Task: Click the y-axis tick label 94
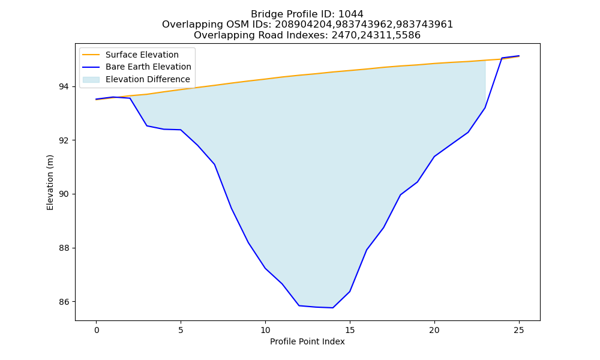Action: coord(64,87)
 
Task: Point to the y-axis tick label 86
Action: coord(64,302)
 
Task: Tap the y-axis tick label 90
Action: coord(64,194)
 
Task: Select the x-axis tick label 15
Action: coord(350,330)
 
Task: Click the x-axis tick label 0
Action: coord(97,330)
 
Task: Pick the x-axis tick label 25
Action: coord(519,330)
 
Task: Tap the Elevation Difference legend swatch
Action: coord(91,80)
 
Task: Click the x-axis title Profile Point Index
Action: coord(307,341)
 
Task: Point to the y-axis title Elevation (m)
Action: coord(50,182)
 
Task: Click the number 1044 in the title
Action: coord(351,14)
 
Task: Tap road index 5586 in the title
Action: coord(408,35)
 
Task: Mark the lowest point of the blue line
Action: coord(333,308)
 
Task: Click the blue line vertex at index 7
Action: coord(215,164)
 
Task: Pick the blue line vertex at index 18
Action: coord(401,195)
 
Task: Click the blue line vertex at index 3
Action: coord(147,126)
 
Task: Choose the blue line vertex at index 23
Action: coord(485,108)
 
